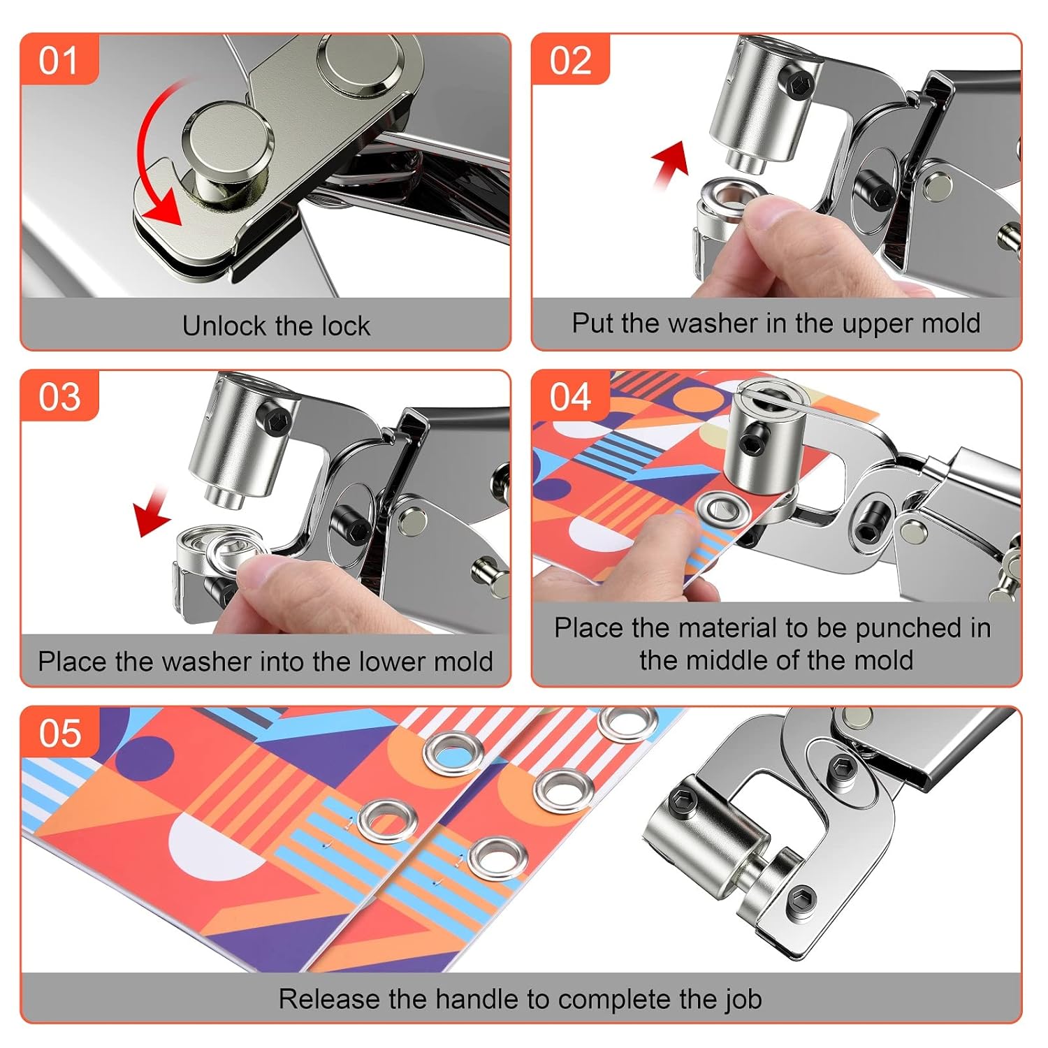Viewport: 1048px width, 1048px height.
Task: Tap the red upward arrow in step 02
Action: tap(670, 163)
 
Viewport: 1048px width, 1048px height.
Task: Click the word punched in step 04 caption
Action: tap(905, 628)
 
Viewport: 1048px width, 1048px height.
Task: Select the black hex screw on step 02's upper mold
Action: tap(796, 85)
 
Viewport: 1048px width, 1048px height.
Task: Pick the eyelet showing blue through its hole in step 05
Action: tap(453, 753)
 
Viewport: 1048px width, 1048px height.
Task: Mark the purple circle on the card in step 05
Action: tap(143, 758)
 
